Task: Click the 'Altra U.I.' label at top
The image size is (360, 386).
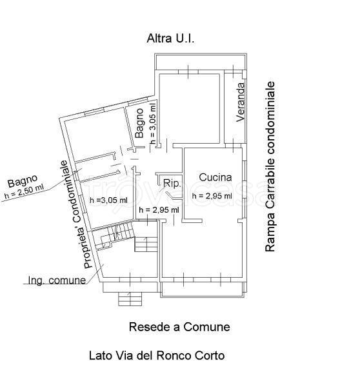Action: pos(170,39)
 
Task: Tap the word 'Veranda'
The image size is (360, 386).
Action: pos(240,102)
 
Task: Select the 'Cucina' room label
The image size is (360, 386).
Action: pos(215,177)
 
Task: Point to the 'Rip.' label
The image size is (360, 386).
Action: pos(172,184)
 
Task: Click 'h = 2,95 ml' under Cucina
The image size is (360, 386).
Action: pos(212,196)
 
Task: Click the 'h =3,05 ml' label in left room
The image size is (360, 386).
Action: pos(108,200)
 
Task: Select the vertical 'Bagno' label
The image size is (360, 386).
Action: pos(139,123)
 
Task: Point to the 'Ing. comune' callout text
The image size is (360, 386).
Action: pos(57,280)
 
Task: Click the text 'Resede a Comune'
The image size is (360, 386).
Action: pos(179,327)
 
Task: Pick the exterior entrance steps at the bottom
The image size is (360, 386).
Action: pos(130,298)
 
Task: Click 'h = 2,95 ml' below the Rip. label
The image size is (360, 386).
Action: pos(159,210)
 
